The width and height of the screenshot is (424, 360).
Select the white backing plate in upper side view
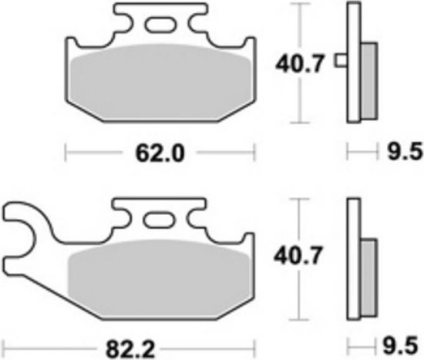[354, 62]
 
